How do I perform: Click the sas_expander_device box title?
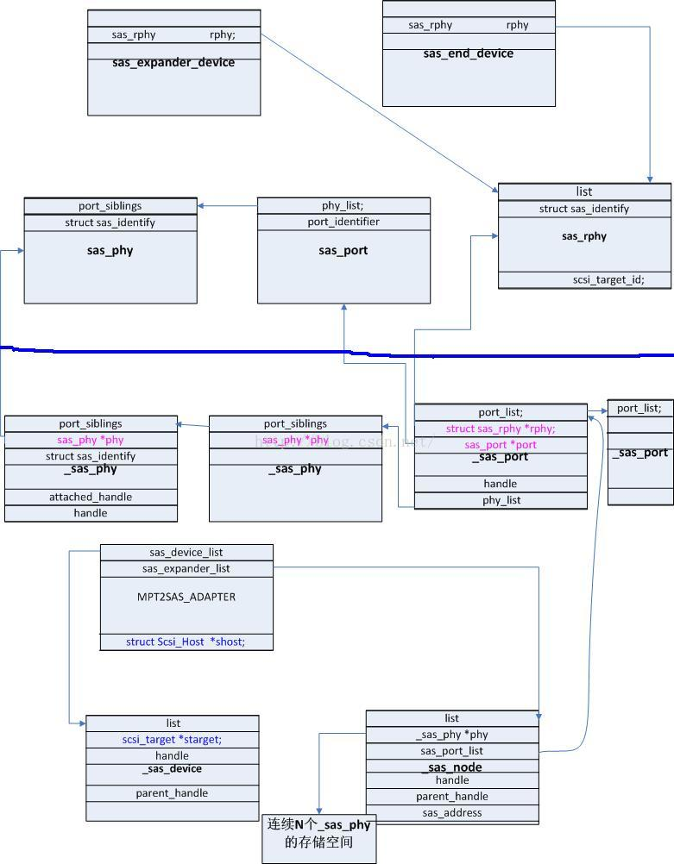click(173, 62)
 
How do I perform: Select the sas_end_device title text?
click(468, 53)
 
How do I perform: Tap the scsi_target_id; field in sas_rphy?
click(608, 279)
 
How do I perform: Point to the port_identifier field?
click(343, 222)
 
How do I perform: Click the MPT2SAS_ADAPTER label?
click(186, 597)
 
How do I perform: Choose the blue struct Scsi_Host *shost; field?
click(186, 642)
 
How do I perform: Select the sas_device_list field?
click(186, 552)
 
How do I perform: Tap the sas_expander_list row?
click(186, 568)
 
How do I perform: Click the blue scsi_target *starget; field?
click(172, 740)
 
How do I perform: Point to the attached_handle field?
click(91, 497)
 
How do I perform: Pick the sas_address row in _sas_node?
click(452, 812)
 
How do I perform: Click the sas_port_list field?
click(452, 751)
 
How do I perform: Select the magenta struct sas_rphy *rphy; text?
click(501, 429)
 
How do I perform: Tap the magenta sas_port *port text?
click(501, 444)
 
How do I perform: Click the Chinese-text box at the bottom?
click(319, 833)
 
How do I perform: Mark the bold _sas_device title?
click(172, 768)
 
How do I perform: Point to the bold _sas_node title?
click(452, 767)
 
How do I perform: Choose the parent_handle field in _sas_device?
click(172, 793)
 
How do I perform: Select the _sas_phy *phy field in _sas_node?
click(452, 735)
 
